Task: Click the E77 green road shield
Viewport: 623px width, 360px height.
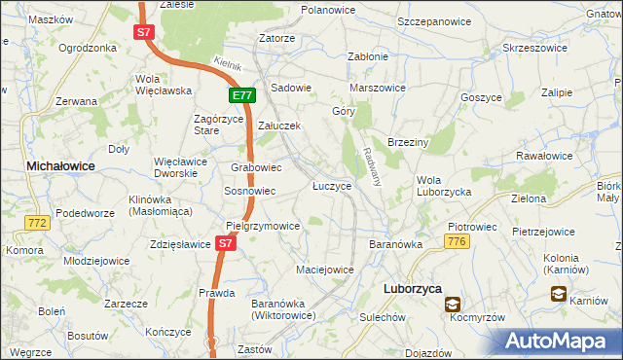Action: tap(242, 95)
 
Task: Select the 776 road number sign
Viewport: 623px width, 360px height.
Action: tap(458, 239)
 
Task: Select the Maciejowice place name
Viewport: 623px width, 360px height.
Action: tap(324, 268)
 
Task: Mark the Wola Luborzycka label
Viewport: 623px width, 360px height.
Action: tap(443, 186)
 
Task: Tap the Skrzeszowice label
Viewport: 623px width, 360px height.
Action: tap(534, 48)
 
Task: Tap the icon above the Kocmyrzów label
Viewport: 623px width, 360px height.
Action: tap(454, 305)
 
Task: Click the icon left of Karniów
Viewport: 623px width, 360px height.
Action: tap(559, 293)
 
